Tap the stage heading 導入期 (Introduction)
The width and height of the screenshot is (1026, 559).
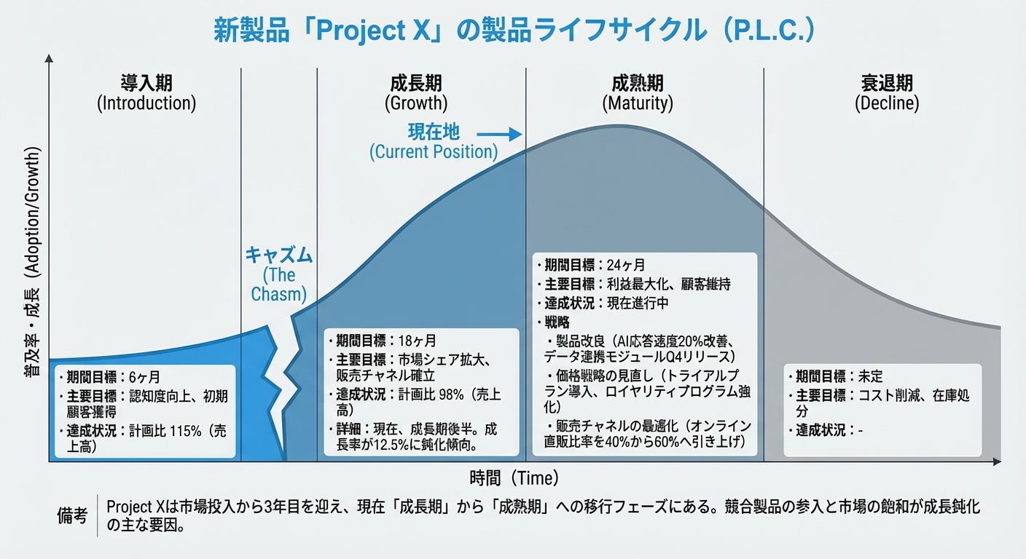point(146,92)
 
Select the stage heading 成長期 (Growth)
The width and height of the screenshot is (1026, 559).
point(415,92)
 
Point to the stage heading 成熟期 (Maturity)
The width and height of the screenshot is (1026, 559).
point(637,92)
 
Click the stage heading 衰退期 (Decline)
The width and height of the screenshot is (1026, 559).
point(886,92)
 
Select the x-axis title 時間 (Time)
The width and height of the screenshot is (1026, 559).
point(514,478)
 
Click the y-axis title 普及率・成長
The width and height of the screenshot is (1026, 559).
point(31,262)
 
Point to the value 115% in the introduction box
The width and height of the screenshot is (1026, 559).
point(187,431)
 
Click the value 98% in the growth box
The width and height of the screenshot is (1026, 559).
point(452,393)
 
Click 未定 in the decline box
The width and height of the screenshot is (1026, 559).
point(870,376)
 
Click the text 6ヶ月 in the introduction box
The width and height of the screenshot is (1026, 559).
point(144,377)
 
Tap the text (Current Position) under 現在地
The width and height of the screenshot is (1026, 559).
point(434,152)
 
